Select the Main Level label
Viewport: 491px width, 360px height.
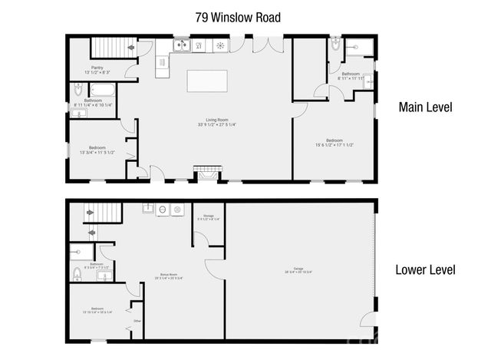tap(425, 107)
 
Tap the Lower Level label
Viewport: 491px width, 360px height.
tap(425, 269)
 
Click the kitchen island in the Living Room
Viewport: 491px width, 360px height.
tap(207, 81)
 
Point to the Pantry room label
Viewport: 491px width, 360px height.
tap(97, 70)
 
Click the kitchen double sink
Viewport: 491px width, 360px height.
tap(182, 46)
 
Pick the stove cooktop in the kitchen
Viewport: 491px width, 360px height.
tap(220, 46)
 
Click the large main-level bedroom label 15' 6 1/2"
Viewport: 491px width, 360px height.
tap(334, 142)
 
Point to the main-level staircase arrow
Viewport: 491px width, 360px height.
tap(130, 47)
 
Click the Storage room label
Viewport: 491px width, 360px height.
tap(209, 217)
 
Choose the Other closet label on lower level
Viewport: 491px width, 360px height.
tap(137, 321)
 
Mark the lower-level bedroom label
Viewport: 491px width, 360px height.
tap(96, 309)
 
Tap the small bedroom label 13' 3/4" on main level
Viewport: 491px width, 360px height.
tap(97, 150)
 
